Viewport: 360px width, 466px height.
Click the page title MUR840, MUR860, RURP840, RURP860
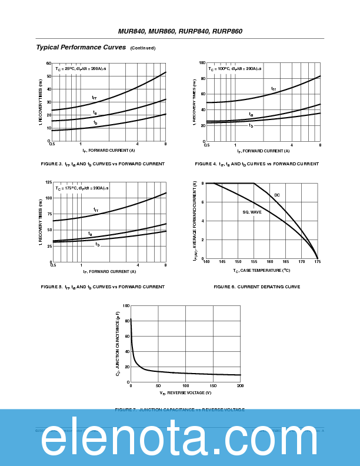180,31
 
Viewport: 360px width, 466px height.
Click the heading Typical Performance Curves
81,47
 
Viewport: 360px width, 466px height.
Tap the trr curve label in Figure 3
94,98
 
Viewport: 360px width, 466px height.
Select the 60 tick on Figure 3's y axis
49,63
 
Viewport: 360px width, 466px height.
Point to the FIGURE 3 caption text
102,164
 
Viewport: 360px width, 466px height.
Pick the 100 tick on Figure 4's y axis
202,63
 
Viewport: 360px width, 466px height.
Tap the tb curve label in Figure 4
251,125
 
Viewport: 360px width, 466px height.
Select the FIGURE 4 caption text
257,164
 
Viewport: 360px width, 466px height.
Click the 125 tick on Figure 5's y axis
48,183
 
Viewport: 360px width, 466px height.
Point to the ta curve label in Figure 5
90,234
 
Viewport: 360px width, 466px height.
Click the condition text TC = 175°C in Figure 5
66,188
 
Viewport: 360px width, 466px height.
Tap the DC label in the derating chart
276,195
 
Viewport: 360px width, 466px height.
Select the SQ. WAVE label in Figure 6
252,212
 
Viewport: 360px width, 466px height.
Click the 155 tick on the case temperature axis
254,262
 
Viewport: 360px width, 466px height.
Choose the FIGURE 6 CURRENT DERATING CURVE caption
257,287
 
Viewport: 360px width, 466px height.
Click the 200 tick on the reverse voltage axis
240,386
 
